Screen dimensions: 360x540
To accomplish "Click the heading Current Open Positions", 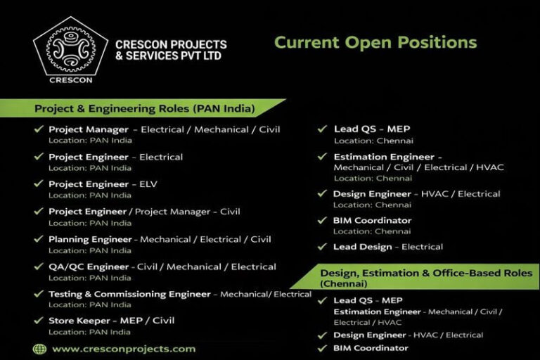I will point(375,42).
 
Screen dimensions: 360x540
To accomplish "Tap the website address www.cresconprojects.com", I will point(124,348).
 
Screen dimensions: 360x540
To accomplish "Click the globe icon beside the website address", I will point(40,348).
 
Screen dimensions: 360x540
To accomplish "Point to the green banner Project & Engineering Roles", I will point(144,109).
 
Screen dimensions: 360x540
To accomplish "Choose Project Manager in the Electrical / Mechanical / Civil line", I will point(89,129).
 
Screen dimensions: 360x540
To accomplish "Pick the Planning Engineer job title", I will point(89,239).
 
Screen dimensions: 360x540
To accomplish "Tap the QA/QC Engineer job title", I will point(89,266).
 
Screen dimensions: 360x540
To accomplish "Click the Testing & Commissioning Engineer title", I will point(129,294).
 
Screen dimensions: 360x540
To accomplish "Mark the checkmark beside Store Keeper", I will point(39,321).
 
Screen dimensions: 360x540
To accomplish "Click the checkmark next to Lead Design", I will point(322,247).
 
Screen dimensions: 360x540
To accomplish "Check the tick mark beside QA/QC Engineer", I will point(39,266).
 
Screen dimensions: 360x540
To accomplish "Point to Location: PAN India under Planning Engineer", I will point(89,250).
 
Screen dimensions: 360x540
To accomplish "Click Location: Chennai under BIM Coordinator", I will point(372,231).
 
